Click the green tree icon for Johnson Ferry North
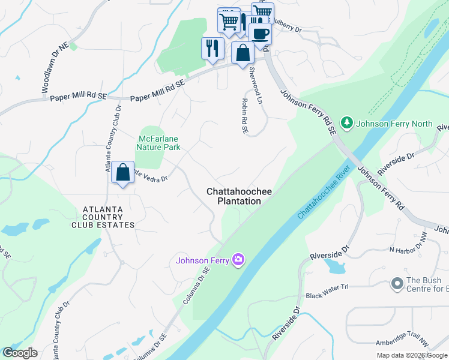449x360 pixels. pyautogui.click(x=346, y=123)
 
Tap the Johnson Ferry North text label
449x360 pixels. pyautogui.click(x=394, y=124)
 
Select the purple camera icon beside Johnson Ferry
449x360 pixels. pyautogui.click(x=239, y=259)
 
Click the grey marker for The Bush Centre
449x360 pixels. pyautogui.click(x=396, y=283)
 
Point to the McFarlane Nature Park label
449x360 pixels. pyautogui.click(x=158, y=142)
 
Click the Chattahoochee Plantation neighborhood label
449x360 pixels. pyautogui.click(x=239, y=196)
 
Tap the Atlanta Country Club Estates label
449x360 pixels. pyautogui.click(x=103, y=217)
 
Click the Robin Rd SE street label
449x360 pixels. pyautogui.click(x=245, y=116)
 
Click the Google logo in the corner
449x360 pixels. pyautogui.click(x=20, y=353)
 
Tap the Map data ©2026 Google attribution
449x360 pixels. pyautogui.click(x=412, y=355)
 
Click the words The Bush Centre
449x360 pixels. pyautogui.click(x=424, y=280)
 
